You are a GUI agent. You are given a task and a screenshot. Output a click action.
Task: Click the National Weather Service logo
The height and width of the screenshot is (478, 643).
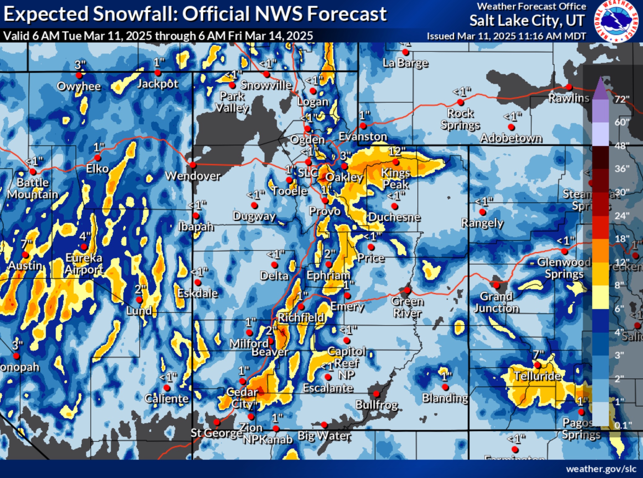coord(616,21)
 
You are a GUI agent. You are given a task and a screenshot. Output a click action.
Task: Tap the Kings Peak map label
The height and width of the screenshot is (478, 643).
coord(396,179)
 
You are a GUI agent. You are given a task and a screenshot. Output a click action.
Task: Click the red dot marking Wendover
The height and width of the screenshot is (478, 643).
coord(193,165)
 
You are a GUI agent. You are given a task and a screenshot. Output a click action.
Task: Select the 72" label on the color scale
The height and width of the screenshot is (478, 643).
coord(622,99)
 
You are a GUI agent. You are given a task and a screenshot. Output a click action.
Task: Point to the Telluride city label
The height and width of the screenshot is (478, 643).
coord(537,376)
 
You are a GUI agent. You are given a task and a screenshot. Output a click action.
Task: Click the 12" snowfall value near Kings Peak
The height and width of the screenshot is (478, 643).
coord(397,152)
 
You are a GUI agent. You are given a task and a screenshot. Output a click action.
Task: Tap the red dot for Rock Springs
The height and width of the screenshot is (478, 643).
coord(461,102)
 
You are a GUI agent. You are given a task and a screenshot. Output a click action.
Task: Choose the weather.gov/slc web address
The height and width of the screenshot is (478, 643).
coord(601,469)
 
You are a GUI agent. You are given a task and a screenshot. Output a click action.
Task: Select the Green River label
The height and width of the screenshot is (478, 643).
coord(407,307)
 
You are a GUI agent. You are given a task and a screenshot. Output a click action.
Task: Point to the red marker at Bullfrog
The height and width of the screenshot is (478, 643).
coord(376,394)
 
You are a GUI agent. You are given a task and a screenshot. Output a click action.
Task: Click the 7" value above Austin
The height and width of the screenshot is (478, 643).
coord(27,244)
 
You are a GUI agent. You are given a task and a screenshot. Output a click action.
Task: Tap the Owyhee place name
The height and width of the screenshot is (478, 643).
coord(79,86)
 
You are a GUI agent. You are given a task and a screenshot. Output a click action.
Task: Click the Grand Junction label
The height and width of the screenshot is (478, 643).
coord(496,302)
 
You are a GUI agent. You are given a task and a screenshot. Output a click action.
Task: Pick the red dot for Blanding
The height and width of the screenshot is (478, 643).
coord(445,387)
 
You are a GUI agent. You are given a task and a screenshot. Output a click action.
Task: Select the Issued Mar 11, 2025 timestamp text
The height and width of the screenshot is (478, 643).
coord(506,36)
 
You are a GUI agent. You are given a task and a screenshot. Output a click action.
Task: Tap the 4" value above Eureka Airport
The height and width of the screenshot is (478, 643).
coord(85,237)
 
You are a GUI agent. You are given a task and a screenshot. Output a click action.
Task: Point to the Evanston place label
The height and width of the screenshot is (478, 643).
coord(363,136)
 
